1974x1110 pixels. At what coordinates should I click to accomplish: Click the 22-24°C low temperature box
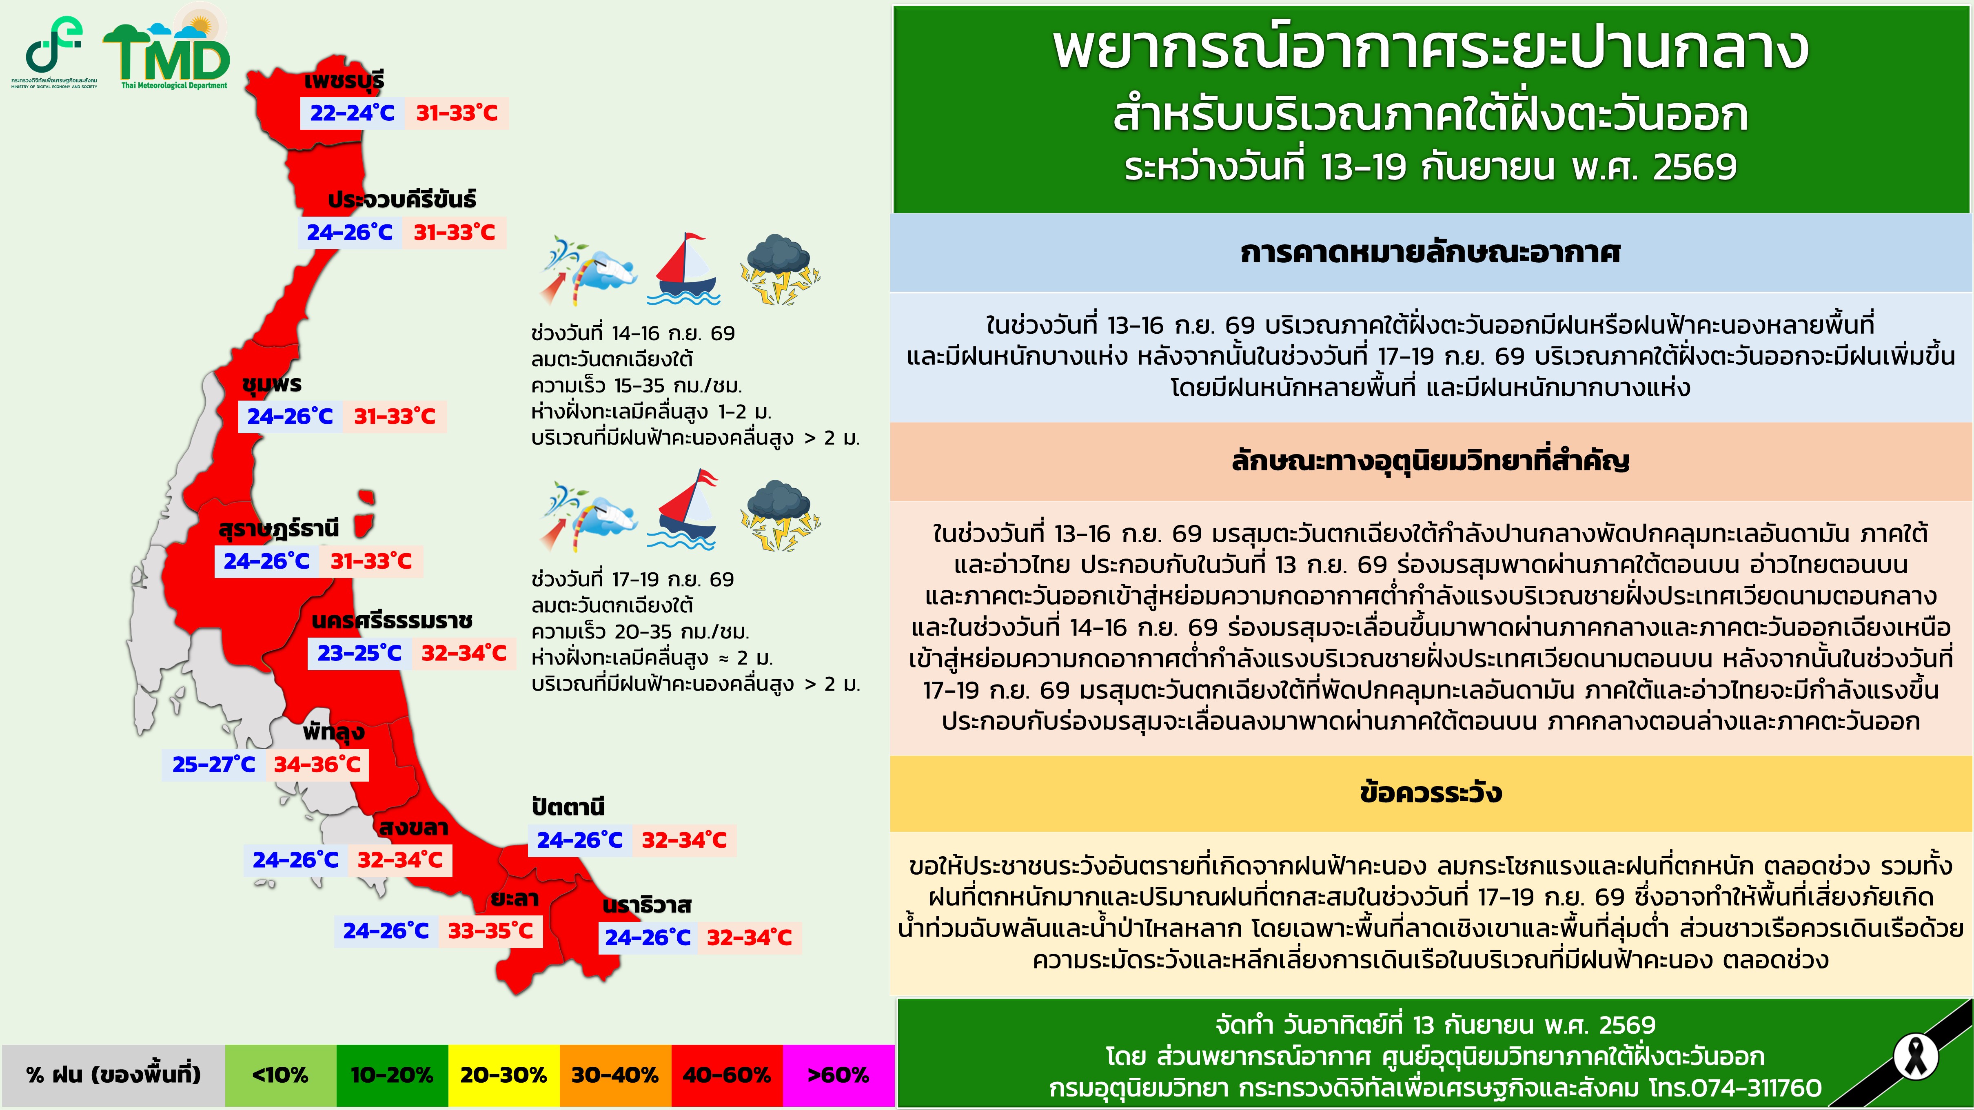(x=352, y=113)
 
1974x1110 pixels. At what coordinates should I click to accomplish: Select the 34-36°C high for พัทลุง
(x=317, y=764)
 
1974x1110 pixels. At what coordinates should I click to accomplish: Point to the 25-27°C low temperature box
(x=214, y=764)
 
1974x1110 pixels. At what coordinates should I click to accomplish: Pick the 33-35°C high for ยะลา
(x=490, y=931)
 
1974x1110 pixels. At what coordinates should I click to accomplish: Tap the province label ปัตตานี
(x=568, y=806)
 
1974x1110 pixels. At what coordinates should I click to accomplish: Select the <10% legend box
(x=280, y=1075)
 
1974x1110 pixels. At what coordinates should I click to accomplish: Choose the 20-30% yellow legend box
(x=503, y=1075)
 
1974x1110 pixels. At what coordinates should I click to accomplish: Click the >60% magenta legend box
(x=838, y=1075)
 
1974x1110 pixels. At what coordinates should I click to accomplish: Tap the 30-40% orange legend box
(x=615, y=1075)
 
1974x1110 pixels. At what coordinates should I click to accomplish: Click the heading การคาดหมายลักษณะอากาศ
(x=1431, y=252)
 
